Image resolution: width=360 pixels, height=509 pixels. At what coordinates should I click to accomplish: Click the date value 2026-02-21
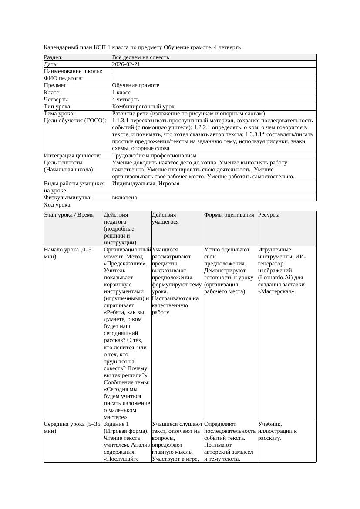[x=126, y=64]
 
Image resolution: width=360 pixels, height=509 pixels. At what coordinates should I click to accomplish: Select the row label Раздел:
[x=54, y=57]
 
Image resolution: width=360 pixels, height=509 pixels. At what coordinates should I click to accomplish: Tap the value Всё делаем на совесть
[x=141, y=57]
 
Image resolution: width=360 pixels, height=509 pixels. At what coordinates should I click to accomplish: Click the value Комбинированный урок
[x=143, y=106]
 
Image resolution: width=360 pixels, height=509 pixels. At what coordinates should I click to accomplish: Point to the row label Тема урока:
[x=59, y=113]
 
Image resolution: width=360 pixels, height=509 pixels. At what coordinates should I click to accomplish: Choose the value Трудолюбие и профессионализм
[x=154, y=155]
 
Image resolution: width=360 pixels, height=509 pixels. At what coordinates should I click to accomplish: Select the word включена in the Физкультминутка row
[x=124, y=198]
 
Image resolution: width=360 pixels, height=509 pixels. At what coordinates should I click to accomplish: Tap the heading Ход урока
[x=57, y=205]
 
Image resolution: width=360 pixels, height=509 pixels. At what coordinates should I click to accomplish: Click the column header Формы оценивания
[x=229, y=215]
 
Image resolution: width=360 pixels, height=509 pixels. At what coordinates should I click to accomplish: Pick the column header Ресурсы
[x=269, y=215]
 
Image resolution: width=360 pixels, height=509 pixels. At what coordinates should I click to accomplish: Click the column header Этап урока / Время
[x=69, y=215]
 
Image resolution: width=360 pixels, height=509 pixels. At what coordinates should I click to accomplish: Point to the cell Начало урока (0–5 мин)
[x=67, y=253]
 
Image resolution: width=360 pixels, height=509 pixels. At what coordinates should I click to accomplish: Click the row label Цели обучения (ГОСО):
[x=75, y=121]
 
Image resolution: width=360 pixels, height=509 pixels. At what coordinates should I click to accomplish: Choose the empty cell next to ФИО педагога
[x=214, y=78]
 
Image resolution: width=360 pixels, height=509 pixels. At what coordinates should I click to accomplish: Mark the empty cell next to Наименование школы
[x=214, y=71]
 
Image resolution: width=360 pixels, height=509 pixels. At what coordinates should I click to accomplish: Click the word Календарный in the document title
[x=60, y=47]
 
